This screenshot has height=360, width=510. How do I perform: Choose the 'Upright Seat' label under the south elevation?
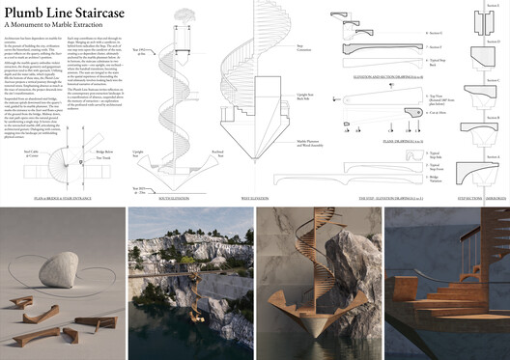[139, 154]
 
